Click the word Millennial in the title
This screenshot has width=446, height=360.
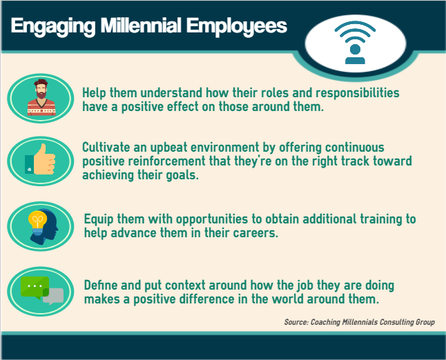[x=141, y=26]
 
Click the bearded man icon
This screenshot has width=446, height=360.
[x=41, y=97]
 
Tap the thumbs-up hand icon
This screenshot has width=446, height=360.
[x=40, y=159]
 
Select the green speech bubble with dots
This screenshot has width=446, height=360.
[x=35, y=288]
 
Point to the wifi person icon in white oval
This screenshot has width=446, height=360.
[x=355, y=42]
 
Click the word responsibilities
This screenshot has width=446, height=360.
[x=358, y=93]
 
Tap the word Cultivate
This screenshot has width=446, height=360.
[x=106, y=148]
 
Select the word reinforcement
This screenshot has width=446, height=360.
[x=166, y=161]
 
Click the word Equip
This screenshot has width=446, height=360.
[x=99, y=219]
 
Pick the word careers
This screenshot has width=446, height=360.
[x=255, y=233]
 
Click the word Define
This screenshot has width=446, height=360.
[x=101, y=286]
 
